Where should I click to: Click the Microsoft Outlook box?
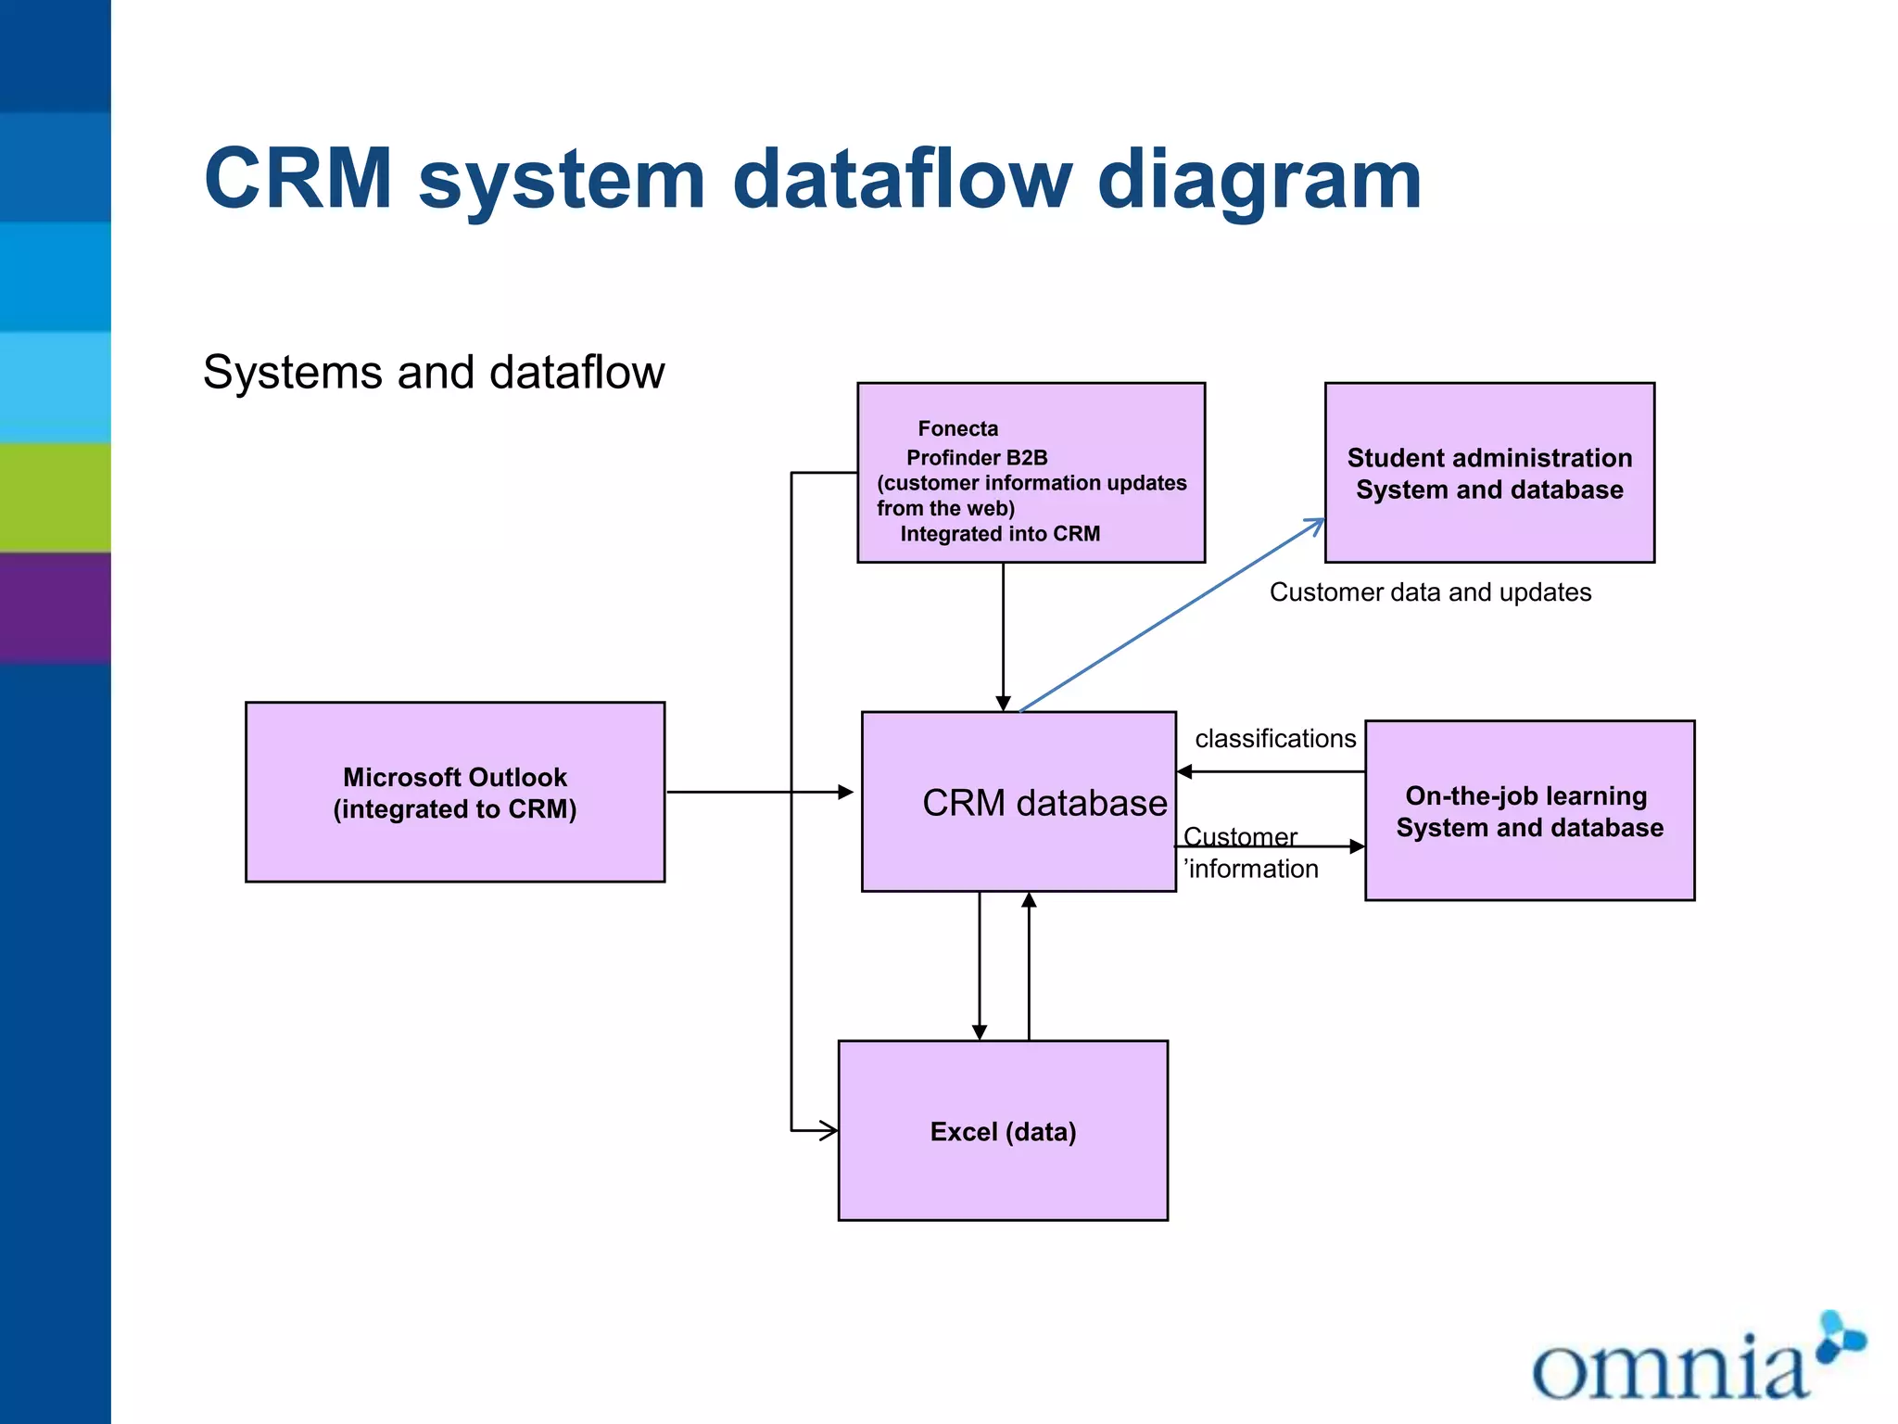455,792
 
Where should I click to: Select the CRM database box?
1018,802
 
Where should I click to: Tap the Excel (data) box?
1003,1130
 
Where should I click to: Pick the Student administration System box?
1489,473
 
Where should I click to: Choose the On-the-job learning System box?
1529,810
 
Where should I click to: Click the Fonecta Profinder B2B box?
1031,473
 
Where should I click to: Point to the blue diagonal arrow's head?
1317,524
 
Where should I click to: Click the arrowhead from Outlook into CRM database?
845,792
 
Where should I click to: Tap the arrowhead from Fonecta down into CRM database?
1003,704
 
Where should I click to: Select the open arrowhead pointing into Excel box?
829,1130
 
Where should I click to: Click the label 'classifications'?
1275,739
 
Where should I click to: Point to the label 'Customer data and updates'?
1430,592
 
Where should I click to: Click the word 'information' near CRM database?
1253,869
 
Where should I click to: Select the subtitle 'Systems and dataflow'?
434,372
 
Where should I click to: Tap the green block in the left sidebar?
56,497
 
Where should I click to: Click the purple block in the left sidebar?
56,607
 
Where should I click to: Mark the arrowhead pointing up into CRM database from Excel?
1029,900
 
